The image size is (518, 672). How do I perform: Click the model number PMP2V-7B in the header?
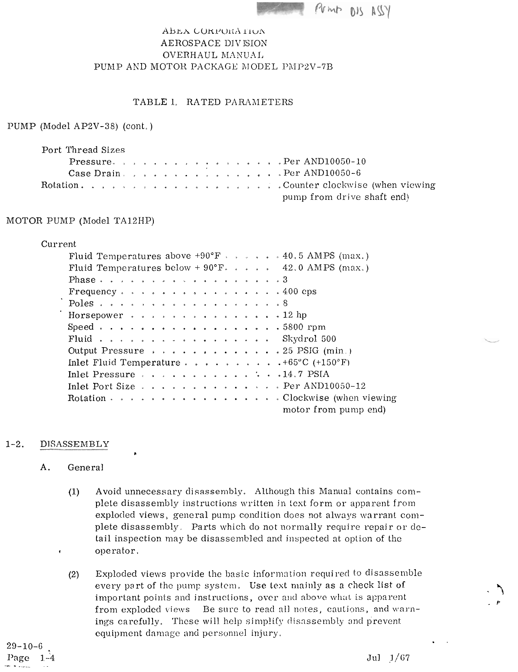click(x=307, y=67)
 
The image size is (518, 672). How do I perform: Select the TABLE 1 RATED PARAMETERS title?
click(x=213, y=102)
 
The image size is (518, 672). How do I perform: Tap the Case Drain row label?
click(x=94, y=173)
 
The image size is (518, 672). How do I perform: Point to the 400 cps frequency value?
click(x=299, y=291)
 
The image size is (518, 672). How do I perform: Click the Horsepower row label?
click(x=96, y=315)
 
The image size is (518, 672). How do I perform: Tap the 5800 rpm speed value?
click(x=304, y=327)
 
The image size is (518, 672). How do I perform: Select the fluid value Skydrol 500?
click(x=309, y=339)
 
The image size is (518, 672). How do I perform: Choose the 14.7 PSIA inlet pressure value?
click(x=306, y=374)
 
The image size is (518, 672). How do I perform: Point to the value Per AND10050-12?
click(x=325, y=386)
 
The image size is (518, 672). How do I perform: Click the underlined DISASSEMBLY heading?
click(x=75, y=444)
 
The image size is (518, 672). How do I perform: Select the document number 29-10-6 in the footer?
click(x=24, y=646)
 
